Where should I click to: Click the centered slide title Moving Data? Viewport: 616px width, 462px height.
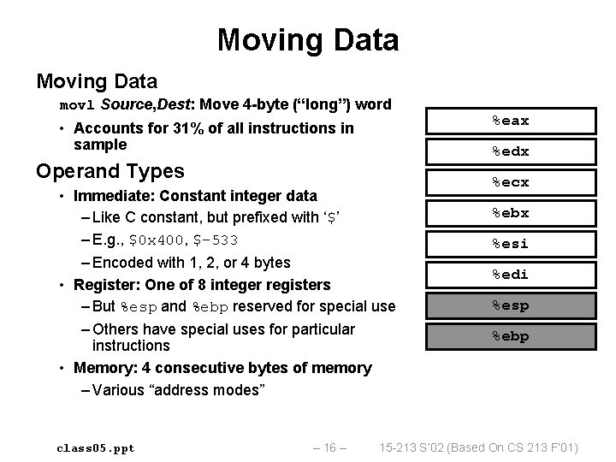click(307, 39)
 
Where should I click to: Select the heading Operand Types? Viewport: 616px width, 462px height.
click(110, 169)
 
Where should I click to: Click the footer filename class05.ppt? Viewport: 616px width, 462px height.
click(95, 447)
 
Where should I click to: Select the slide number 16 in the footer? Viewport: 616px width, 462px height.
click(330, 447)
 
